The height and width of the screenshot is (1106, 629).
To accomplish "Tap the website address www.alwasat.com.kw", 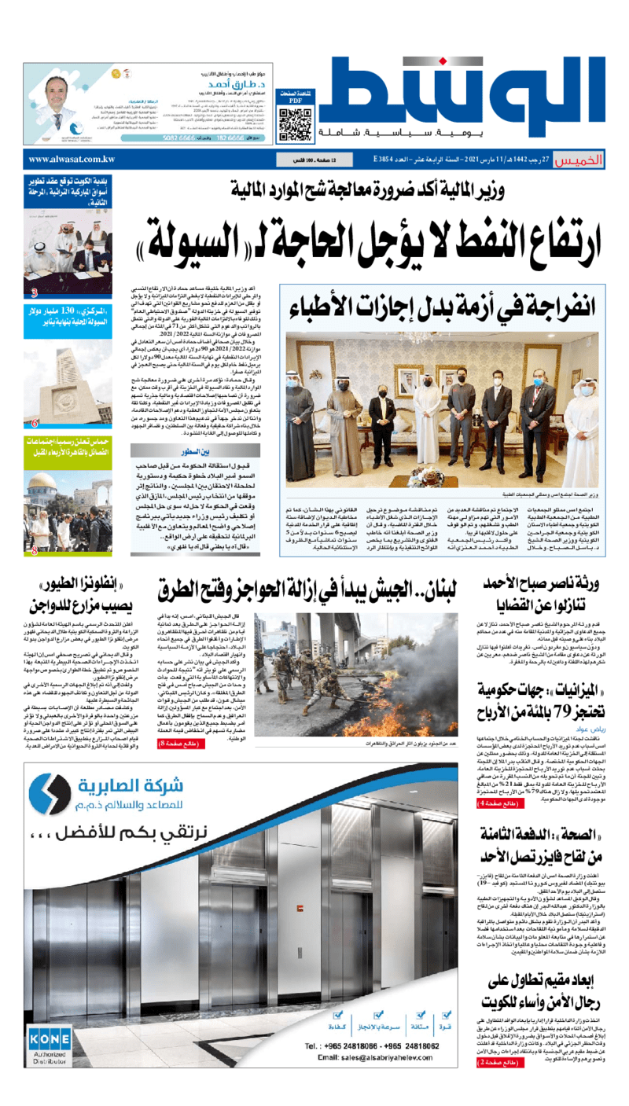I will [71, 160].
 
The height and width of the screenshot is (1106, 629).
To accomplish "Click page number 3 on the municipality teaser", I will [35, 294].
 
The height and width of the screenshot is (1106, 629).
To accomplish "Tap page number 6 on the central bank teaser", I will [35, 423].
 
